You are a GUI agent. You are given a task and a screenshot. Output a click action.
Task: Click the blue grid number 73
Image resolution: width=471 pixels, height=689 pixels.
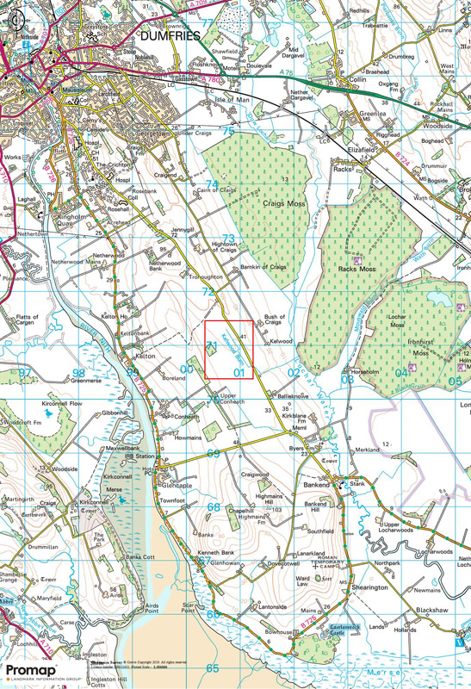point(228,239)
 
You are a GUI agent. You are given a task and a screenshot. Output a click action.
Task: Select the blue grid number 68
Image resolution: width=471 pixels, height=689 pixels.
point(213,507)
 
